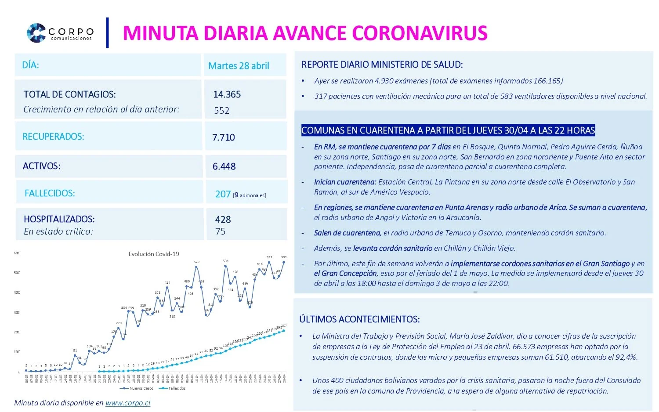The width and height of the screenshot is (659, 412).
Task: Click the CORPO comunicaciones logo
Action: click(60, 33)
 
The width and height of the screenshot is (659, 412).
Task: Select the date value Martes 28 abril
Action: click(239, 66)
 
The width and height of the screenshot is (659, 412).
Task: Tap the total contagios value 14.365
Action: click(227, 94)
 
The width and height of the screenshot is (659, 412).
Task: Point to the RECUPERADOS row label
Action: click(53, 137)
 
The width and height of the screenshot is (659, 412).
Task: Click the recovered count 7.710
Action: click(224, 137)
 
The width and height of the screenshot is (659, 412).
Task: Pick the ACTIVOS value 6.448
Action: click(224, 166)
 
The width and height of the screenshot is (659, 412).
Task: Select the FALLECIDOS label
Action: click(50, 193)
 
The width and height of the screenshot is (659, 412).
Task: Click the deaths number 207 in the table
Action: click(223, 194)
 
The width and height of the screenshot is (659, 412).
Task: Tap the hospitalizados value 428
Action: click(223, 220)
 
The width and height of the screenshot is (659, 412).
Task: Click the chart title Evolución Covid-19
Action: click(153, 254)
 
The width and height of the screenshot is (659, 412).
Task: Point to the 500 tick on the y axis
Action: click(17, 273)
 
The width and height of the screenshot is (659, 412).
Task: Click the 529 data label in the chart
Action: click(196, 262)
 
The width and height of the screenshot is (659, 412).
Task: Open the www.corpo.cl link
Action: click(128, 403)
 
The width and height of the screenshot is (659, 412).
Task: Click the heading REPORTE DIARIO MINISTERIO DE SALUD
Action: click(382, 65)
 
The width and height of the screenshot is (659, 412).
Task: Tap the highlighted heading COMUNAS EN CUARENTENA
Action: click(448, 130)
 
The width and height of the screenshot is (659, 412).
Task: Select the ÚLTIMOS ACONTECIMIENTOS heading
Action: click(359, 319)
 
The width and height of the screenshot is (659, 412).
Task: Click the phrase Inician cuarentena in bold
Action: click(345, 182)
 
